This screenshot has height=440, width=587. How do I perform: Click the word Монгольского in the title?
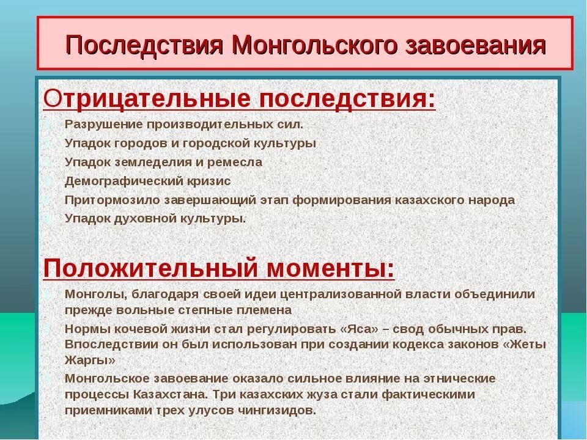tap(314, 45)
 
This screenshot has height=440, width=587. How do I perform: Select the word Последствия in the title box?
tap(144, 45)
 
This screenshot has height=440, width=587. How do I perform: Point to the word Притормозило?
tap(113, 200)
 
